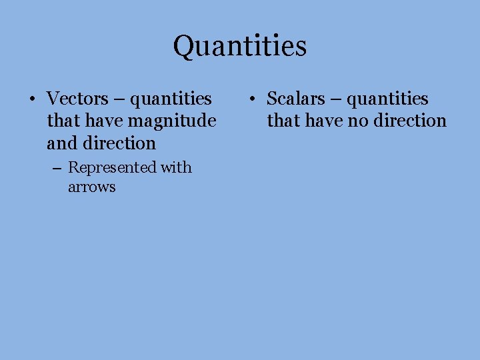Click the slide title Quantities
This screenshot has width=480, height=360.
(240, 46)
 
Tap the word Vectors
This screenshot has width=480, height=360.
(77, 99)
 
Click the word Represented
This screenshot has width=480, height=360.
(112, 167)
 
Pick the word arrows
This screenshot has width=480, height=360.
(91, 187)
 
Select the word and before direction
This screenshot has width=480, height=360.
(61, 143)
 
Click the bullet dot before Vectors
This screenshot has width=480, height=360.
(31, 100)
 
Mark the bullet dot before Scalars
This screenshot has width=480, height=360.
(251, 100)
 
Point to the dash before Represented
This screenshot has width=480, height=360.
(59, 168)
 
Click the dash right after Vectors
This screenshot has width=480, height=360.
(119, 99)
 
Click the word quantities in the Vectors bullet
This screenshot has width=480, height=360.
(171, 99)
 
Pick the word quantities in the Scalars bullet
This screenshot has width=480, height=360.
(388, 99)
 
